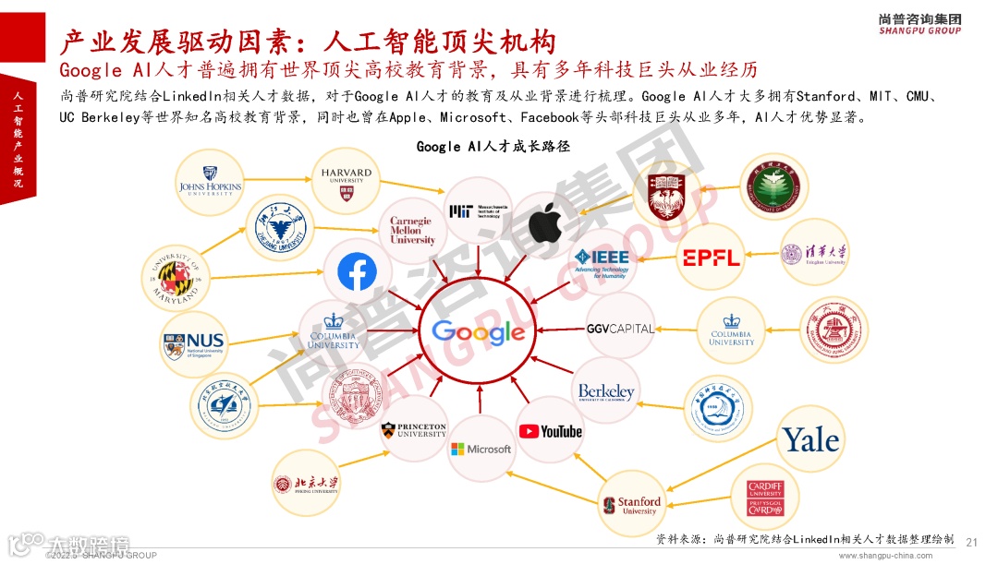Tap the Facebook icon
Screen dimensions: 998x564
point(357,272)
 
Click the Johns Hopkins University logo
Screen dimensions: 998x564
point(210,183)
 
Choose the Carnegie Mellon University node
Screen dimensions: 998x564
point(412,231)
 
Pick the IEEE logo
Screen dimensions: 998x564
point(602,262)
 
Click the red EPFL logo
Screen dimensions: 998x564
point(712,258)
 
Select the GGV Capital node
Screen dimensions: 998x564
point(620,329)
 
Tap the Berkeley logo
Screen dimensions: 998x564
point(606,391)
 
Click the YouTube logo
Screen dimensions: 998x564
point(550,431)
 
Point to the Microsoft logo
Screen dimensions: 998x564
point(481,449)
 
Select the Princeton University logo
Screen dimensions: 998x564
point(414,430)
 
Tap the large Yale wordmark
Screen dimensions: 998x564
point(811,439)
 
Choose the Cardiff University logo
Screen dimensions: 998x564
point(765,497)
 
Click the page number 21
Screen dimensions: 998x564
point(970,542)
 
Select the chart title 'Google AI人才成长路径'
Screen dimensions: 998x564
point(480,146)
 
